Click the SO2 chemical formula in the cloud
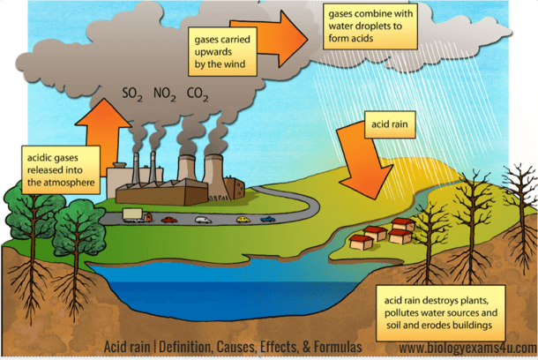(132, 94)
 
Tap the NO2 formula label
(165, 94)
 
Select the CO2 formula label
(198, 94)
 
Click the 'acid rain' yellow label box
(390, 124)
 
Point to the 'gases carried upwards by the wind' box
(222, 51)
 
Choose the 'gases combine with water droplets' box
(370, 26)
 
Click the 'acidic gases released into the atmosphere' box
(61, 170)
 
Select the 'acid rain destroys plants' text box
(441, 312)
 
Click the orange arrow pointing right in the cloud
(271, 38)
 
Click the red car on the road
(169, 220)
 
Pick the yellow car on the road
(243, 220)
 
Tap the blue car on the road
(267, 219)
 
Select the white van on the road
(203, 220)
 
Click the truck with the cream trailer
(138, 215)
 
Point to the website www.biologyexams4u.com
(468, 348)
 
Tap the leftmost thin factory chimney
(136, 169)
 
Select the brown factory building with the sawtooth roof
(162, 192)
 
